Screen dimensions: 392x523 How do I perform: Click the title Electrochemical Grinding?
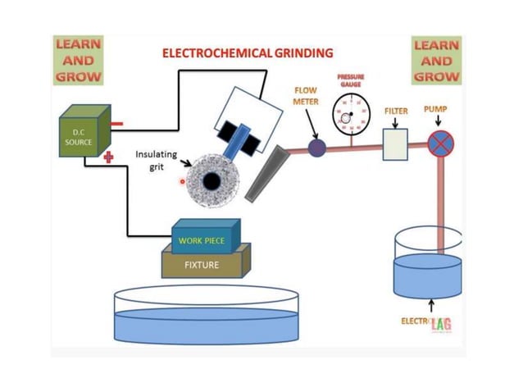(248, 52)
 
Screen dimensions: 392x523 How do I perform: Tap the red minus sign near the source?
(116, 125)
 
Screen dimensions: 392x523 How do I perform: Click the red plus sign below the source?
(107, 157)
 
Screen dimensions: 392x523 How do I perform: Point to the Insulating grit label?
(157, 160)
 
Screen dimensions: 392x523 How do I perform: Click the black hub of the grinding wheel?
(211, 180)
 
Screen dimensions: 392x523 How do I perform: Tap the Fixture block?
(202, 263)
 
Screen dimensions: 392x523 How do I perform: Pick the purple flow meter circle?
(316, 148)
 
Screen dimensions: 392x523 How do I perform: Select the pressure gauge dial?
(351, 115)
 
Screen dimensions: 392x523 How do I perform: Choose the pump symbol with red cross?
(440, 144)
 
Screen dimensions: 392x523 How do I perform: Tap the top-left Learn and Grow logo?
(79, 60)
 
